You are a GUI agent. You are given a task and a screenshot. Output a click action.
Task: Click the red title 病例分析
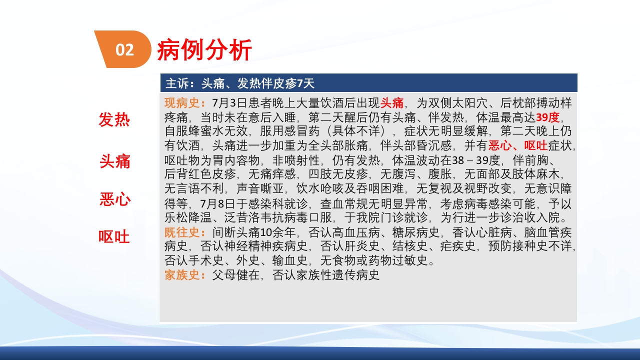(x=204, y=50)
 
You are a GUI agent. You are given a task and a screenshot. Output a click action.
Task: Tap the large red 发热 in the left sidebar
(x=114, y=120)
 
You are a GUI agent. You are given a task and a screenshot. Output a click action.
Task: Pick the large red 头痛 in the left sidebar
(x=114, y=161)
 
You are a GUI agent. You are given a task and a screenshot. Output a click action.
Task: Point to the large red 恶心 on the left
(x=114, y=199)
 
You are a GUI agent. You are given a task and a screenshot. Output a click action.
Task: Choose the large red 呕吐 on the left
(x=114, y=236)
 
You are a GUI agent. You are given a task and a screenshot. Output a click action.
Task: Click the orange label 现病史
(x=182, y=103)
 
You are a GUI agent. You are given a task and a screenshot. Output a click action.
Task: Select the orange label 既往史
(x=182, y=232)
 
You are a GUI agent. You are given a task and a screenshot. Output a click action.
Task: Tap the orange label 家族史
(x=182, y=275)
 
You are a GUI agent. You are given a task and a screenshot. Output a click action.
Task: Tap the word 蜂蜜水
(x=206, y=132)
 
